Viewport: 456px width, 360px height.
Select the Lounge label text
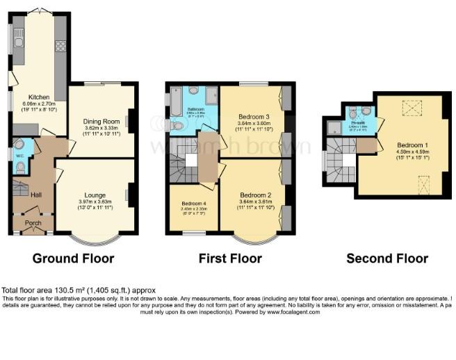coord(95,195)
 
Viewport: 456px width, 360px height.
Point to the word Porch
coord(33,223)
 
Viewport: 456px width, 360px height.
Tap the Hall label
coord(36,195)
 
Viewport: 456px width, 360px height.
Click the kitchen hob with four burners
coord(60,47)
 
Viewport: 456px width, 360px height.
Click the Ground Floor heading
coord(74,259)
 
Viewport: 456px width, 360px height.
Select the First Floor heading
coord(230,259)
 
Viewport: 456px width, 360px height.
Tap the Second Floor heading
coord(387,259)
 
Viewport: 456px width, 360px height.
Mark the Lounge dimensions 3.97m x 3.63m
coord(95,202)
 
